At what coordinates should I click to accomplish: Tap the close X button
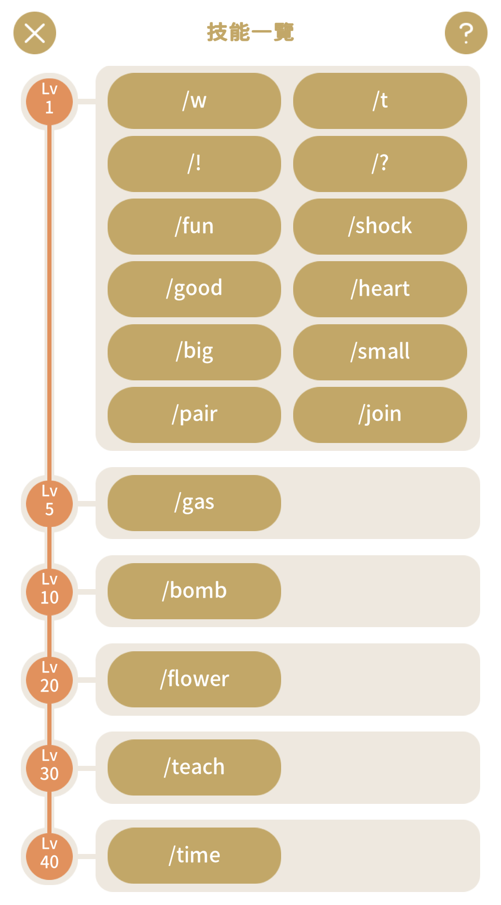(35, 33)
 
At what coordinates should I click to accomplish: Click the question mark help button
(466, 33)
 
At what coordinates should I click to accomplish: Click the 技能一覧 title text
(250, 32)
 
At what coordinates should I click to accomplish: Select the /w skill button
(194, 101)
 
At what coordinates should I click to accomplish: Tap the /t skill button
(380, 101)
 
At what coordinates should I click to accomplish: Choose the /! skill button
(194, 164)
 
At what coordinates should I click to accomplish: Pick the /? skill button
(380, 164)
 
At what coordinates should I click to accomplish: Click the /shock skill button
(380, 226)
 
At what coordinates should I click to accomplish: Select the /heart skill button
(380, 289)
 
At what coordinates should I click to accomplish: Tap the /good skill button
(194, 289)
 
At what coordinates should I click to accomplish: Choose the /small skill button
(380, 352)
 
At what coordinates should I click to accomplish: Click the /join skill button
(380, 415)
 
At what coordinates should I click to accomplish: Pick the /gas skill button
(194, 503)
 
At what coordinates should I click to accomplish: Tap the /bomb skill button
(194, 591)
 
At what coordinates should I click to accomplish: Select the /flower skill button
(194, 679)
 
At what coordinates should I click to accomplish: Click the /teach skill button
(194, 767)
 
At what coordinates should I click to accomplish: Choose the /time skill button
(194, 855)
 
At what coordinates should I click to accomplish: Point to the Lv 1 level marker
(49, 101)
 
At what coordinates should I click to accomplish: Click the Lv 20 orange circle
(49, 680)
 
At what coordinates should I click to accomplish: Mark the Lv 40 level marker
(49, 856)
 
